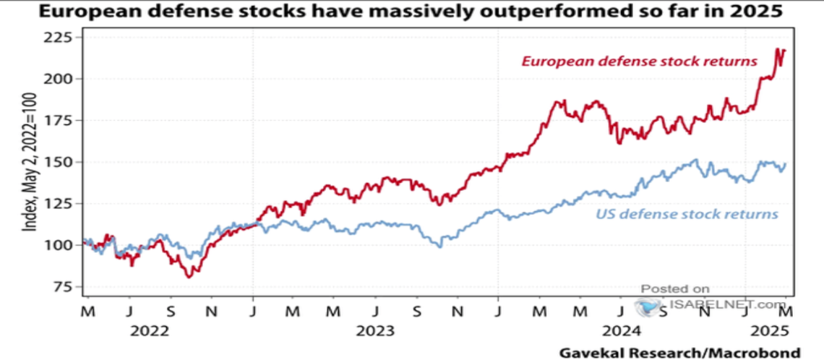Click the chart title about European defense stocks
(411, 12)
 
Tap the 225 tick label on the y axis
(61, 38)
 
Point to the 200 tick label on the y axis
(61, 79)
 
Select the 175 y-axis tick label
(61, 120)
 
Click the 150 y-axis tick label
(61, 162)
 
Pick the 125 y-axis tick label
(61, 203)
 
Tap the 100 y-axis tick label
(61, 245)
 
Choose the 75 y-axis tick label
(65, 286)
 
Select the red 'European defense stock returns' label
(639, 61)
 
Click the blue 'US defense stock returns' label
(687, 214)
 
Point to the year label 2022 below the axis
(150, 332)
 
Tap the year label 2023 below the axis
(375, 332)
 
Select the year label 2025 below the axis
(771, 332)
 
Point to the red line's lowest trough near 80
(189, 277)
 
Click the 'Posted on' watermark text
(675, 289)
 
